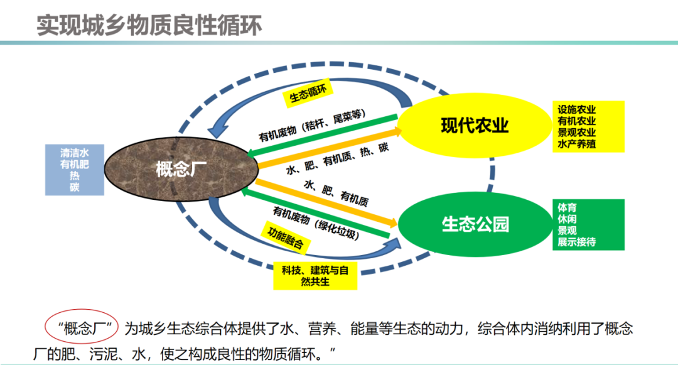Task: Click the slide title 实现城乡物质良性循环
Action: (x=149, y=26)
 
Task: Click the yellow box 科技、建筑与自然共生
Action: (x=315, y=275)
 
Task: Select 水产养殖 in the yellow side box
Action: (x=576, y=145)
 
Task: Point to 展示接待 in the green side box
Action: (x=576, y=242)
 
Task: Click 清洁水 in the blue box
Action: (x=75, y=153)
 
